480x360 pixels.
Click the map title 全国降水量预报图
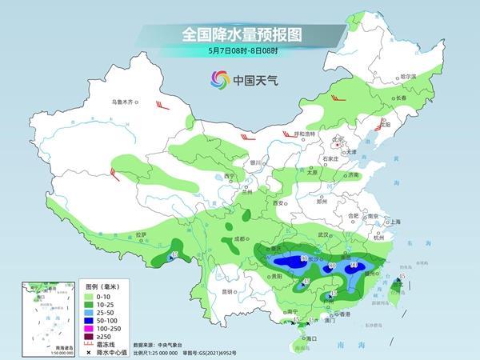coord(240,34)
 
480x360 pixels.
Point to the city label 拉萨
coord(141,234)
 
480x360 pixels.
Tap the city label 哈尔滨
coord(409,76)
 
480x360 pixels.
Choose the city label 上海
coord(392,221)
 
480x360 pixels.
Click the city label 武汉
coord(323,234)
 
